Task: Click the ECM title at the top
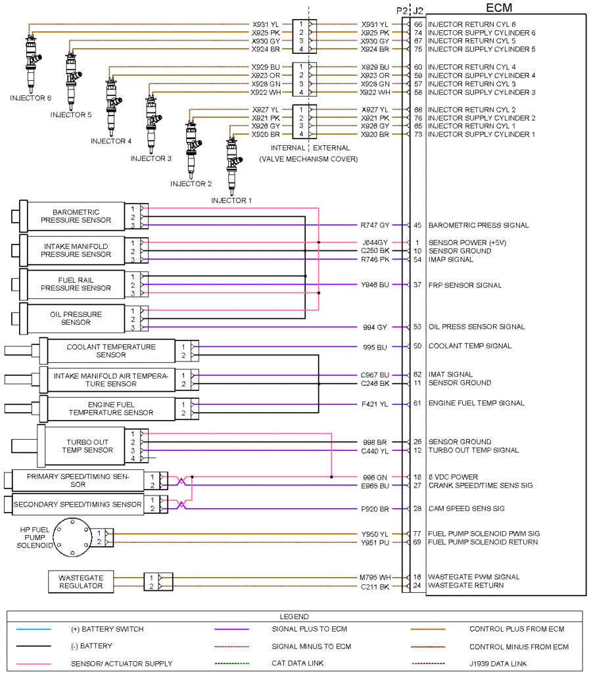(498, 8)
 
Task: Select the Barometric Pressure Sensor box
(76, 216)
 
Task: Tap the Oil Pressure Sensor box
(76, 318)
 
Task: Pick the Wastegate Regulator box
(81, 581)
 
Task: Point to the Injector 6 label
(30, 98)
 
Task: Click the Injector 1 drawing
(231, 164)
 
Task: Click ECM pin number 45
(417, 225)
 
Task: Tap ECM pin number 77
(417, 534)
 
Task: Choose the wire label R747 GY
(375, 225)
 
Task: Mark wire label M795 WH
(375, 577)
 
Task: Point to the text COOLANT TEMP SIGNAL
(469, 346)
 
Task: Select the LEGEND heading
(294, 617)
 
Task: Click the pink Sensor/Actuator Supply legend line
(34, 664)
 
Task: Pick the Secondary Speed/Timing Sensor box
(78, 505)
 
